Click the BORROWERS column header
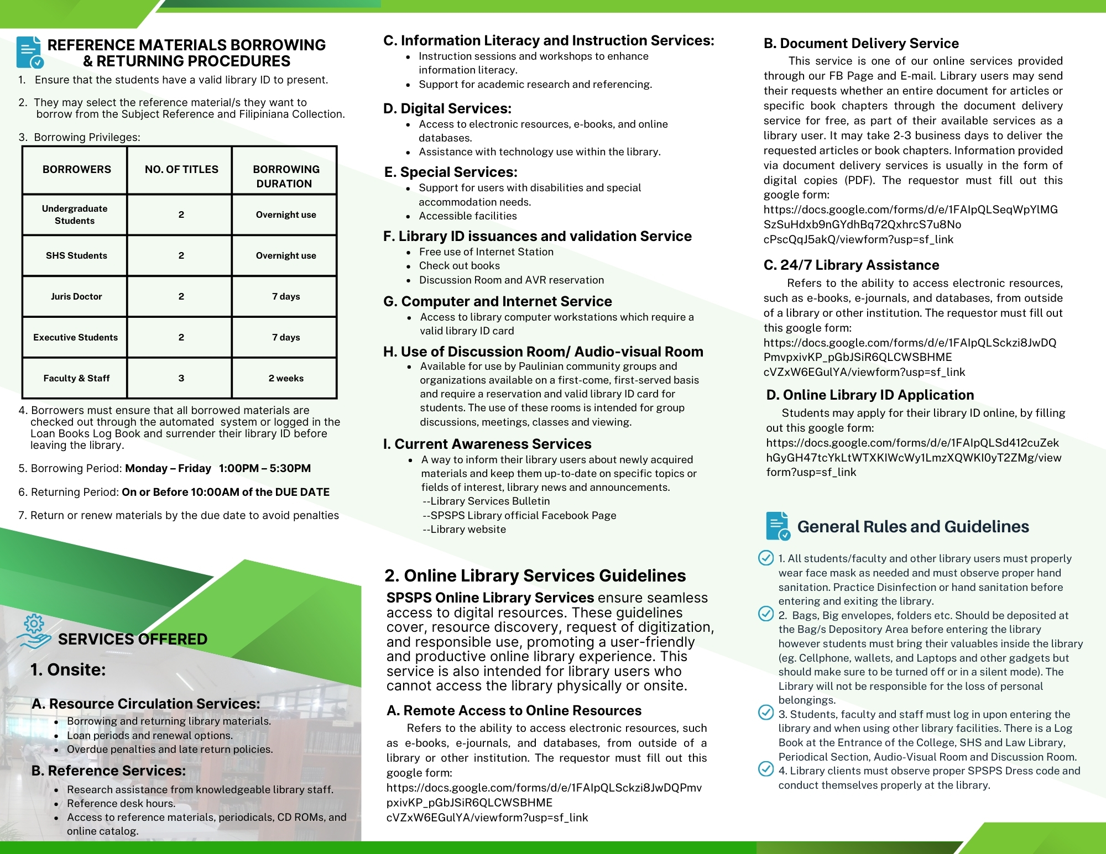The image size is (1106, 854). (76, 170)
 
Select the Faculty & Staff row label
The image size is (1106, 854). (76, 378)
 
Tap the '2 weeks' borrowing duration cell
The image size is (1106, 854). (286, 378)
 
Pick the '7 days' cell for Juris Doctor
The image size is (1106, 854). (286, 296)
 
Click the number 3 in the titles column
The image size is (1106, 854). (181, 378)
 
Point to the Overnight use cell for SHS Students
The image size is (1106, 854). (286, 255)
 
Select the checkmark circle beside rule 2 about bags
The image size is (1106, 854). (766, 614)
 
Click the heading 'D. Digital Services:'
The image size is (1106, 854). (447, 108)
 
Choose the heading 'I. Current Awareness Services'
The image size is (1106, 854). (487, 444)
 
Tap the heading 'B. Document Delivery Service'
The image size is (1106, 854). (861, 43)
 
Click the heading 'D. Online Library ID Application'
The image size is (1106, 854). (870, 395)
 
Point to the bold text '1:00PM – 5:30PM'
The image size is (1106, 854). (265, 468)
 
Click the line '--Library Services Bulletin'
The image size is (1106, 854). (486, 501)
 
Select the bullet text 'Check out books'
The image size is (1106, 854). (459, 265)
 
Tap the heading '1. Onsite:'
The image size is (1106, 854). (68, 669)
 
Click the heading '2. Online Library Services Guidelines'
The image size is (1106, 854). (535, 575)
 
